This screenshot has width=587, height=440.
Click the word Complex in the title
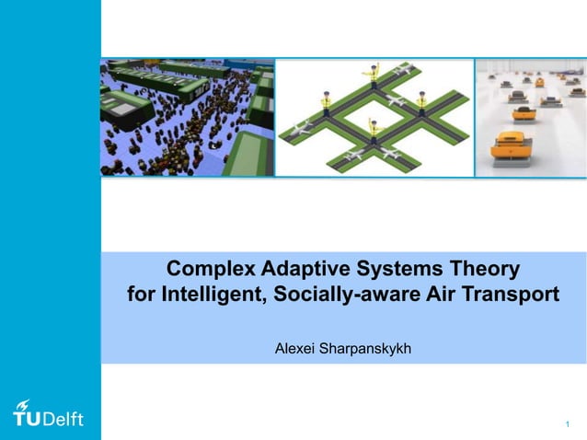coord(210,271)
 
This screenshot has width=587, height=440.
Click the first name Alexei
coord(296,350)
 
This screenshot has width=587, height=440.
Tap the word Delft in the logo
coord(63,419)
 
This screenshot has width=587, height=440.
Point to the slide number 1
coord(568,424)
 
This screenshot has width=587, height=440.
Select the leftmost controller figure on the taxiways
coord(327,98)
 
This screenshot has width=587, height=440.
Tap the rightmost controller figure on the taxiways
coord(421,99)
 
